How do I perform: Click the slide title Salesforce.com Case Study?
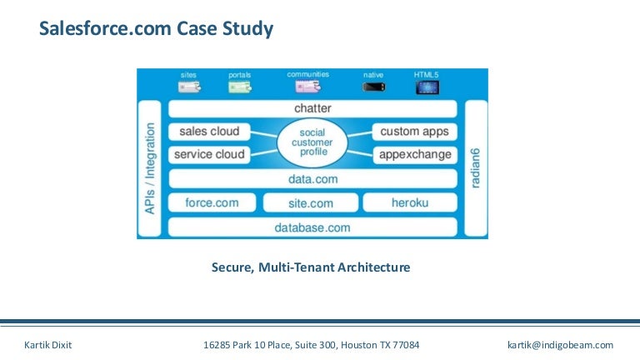[x=157, y=30]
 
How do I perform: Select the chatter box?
[x=312, y=108]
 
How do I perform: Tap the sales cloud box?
[x=208, y=131]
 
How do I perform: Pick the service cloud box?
[x=208, y=154]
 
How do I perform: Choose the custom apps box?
[x=414, y=131]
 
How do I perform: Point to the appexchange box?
[x=414, y=154]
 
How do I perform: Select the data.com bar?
[x=312, y=178]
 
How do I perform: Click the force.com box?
[x=212, y=202]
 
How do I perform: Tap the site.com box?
[x=310, y=202]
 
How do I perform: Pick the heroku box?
[x=410, y=202]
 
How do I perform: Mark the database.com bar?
[x=312, y=227]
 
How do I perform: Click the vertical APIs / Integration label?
[x=150, y=168]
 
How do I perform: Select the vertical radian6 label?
[x=475, y=168]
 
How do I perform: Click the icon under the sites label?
[x=189, y=87]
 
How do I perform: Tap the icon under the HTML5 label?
[x=426, y=87]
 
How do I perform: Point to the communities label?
[x=307, y=74]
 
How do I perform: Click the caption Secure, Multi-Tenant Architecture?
[x=311, y=267]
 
